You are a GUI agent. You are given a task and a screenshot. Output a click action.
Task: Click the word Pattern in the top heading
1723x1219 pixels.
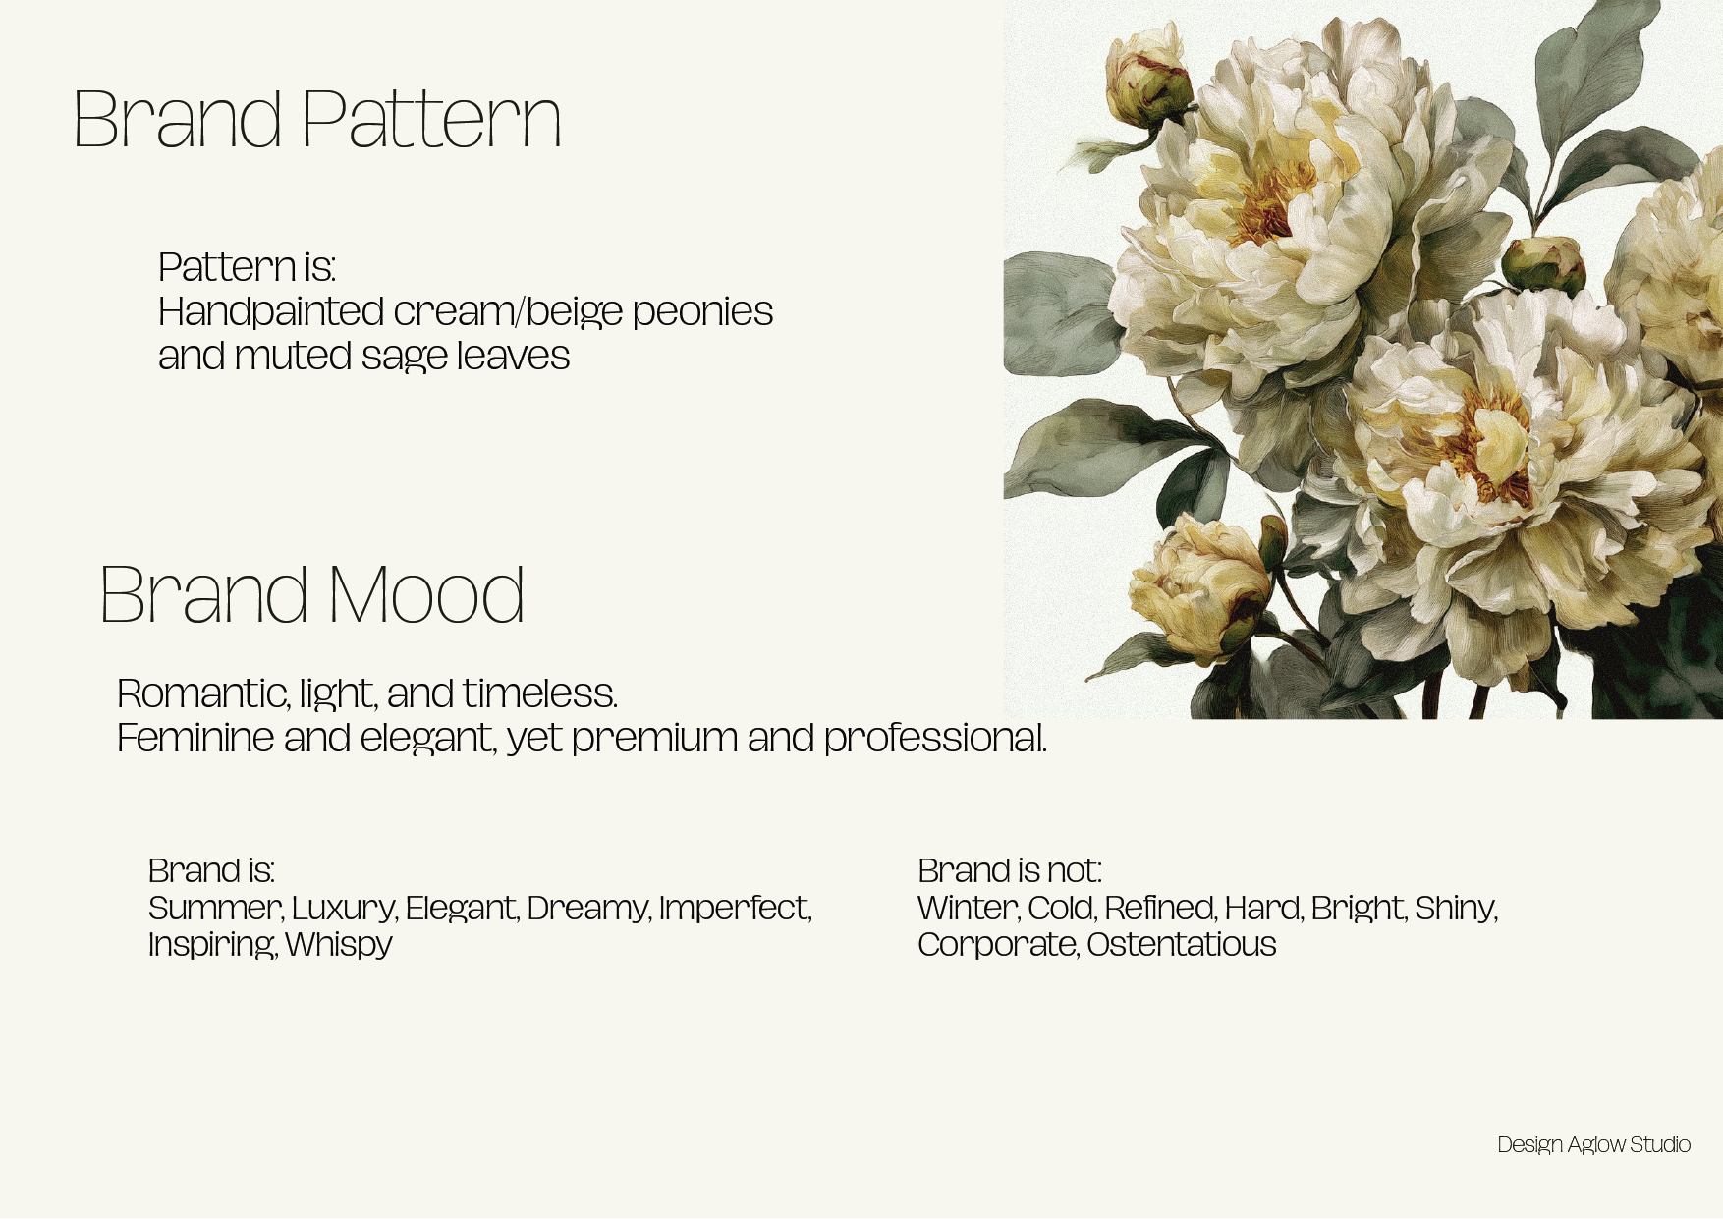tap(431, 119)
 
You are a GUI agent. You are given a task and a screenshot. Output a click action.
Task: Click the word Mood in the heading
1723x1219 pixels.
tap(425, 595)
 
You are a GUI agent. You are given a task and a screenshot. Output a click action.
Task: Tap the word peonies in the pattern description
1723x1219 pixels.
tap(702, 312)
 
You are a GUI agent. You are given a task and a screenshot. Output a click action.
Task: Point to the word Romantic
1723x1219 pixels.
tap(202, 693)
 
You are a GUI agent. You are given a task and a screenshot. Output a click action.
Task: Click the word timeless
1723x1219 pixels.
tap(539, 693)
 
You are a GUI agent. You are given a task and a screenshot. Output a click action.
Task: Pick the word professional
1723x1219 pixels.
tap(935, 739)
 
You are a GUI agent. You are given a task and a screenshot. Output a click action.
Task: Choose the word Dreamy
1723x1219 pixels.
tap(588, 908)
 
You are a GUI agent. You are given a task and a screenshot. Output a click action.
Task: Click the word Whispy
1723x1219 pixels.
tap(339, 944)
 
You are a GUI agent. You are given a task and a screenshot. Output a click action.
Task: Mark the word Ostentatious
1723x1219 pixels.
tap(1181, 944)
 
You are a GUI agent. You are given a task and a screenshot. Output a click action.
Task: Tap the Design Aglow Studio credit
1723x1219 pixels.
tap(1593, 1144)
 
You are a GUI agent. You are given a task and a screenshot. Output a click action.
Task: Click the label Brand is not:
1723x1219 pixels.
tap(1010, 870)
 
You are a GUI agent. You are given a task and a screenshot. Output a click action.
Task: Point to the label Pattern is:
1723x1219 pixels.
tap(248, 267)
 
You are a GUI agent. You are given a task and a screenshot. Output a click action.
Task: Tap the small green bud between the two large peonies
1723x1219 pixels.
tap(1543, 263)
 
